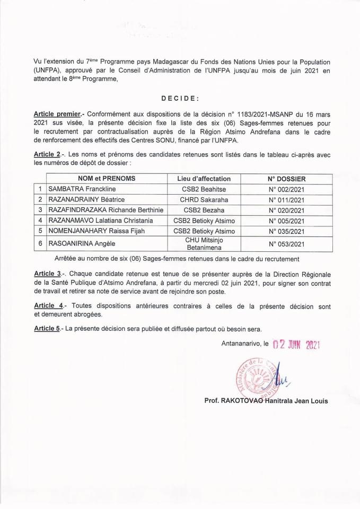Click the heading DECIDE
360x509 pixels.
pos(180,98)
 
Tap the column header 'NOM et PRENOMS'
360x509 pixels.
pos(107,179)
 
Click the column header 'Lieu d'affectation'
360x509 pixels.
pos(204,179)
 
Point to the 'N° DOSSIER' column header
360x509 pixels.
pos(286,179)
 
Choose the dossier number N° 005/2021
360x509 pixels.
pos(286,221)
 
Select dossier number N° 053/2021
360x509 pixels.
pos(286,244)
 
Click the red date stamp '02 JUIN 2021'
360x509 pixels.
pos(297,345)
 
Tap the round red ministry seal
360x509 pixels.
pos(255,378)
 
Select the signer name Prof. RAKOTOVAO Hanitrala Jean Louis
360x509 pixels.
pos(266,401)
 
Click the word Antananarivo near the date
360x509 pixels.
pos(241,344)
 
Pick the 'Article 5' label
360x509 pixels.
pos(47,329)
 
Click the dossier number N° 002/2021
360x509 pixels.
pos(286,189)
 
